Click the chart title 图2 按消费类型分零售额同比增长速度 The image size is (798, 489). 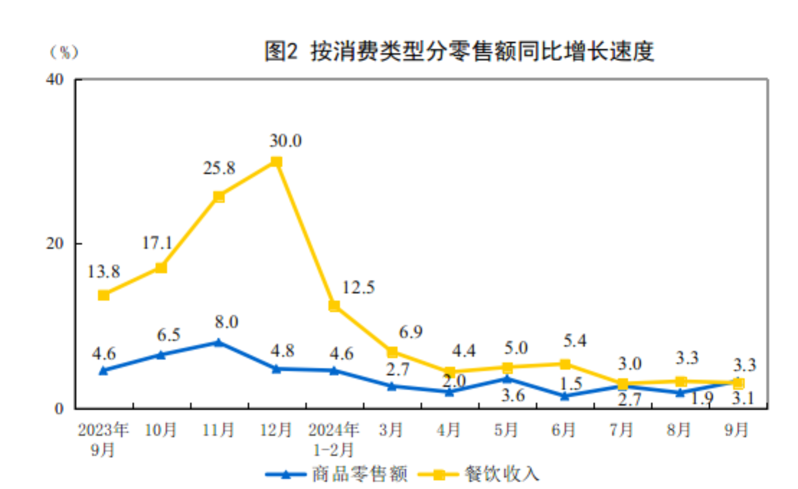(x=459, y=51)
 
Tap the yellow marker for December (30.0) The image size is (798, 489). (x=276, y=162)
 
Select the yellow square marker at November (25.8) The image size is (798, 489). (x=219, y=197)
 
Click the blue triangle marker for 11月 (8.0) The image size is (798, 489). (x=219, y=343)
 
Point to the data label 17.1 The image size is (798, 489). (x=157, y=243)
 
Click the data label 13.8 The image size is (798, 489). (x=103, y=272)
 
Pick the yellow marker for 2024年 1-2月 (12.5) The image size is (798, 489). (x=334, y=306)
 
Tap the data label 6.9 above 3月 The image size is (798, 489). (x=411, y=332)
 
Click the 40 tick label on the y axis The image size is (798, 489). (x=55, y=79)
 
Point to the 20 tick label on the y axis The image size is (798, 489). (x=55, y=243)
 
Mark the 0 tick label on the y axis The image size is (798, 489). (x=59, y=408)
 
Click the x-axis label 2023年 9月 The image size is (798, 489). (x=103, y=439)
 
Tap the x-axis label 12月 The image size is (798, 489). (x=276, y=429)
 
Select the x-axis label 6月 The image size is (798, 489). (x=564, y=429)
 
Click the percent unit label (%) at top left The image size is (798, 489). (x=64, y=52)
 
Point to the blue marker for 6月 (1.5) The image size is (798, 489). (x=565, y=396)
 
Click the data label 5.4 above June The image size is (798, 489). (x=575, y=341)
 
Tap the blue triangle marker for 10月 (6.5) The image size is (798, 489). (x=161, y=355)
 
